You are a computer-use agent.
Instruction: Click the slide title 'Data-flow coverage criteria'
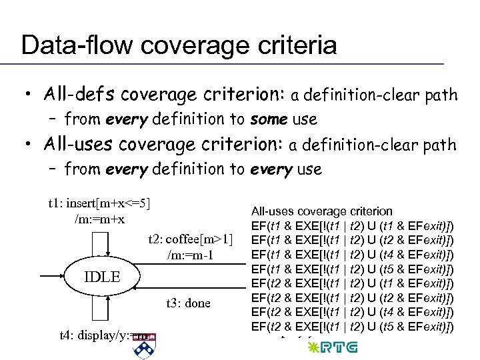(179, 45)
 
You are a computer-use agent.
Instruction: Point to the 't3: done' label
(188, 303)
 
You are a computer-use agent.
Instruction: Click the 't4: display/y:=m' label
(99, 336)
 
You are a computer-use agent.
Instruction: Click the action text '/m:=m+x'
(99, 219)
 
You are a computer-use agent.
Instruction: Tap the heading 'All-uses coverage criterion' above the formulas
(321, 211)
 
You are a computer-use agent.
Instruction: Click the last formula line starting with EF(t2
(353, 326)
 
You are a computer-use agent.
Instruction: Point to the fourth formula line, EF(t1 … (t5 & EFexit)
(353, 269)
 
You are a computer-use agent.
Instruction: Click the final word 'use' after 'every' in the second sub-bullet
(309, 169)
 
